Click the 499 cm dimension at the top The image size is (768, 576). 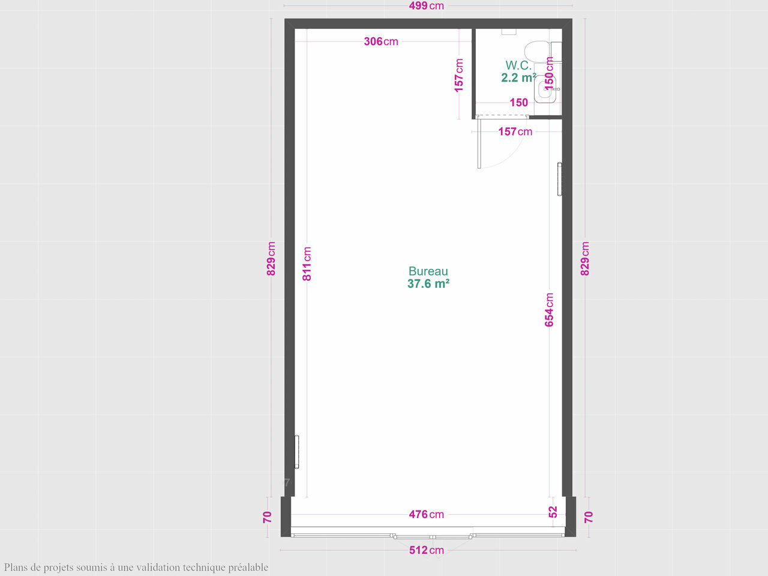(x=426, y=6)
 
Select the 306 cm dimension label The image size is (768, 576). (x=380, y=41)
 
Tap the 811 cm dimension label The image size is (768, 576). (x=307, y=263)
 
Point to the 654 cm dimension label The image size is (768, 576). (x=549, y=310)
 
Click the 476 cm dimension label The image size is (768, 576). (x=426, y=514)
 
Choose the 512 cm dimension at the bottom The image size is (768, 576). (x=426, y=550)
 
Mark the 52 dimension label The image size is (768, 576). (x=553, y=512)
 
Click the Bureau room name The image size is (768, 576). (x=428, y=271)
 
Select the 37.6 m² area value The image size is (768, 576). (x=428, y=284)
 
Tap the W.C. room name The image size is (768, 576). (x=518, y=65)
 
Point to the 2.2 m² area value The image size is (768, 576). (x=518, y=77)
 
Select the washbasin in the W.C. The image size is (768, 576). (x=545, y=89)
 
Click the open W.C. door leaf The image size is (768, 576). (x=479, y=143)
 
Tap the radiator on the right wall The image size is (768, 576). (x=559, y=179)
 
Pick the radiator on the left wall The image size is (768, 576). (x=297, y=451)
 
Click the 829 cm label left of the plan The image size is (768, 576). (x=271, y=259)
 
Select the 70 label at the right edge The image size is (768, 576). (x=588, y=517)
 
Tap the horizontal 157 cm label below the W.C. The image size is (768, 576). (x=515, y=131)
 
